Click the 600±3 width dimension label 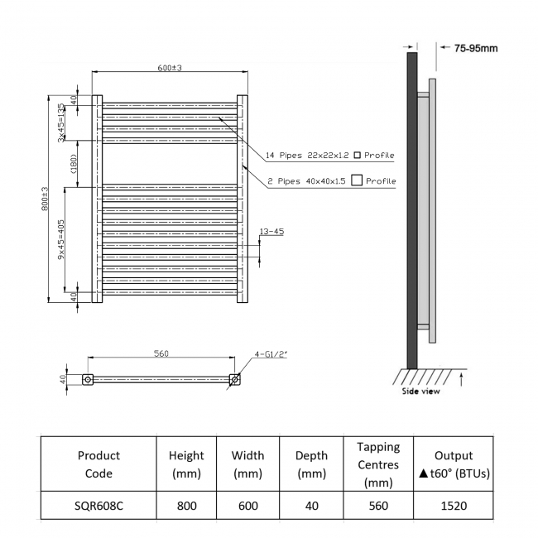click(170, 67)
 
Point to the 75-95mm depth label click(475, 48)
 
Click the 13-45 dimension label click(271, 232)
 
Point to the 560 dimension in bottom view click(161, 354)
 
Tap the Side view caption click(421, 391)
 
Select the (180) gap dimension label click(72, 164)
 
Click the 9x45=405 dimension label click(60, 240)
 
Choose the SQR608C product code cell click(98, 506)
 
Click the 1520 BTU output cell click(453, 506)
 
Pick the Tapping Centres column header click(377, 464)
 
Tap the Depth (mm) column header click(311, 464)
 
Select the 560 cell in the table click(377, 506)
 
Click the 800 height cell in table click(186, 506)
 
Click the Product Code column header click(98, 464)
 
